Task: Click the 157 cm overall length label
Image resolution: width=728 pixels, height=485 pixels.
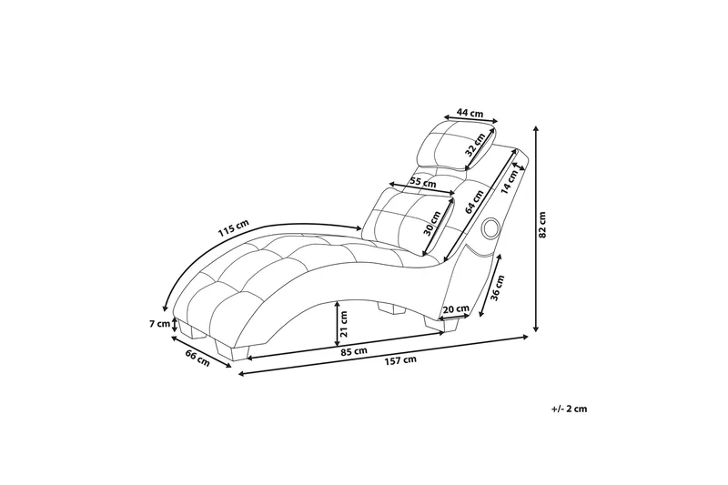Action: click(x=400, y=360)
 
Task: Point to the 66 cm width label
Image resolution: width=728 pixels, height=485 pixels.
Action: click(x=197, y=359)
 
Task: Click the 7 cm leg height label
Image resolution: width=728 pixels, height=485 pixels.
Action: click(x=160, y=324)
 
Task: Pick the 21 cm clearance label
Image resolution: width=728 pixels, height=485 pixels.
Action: click(x=344, y=324)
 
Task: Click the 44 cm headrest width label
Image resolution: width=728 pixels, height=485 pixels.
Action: click(x=470, y=113)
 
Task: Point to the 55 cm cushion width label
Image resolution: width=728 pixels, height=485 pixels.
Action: click(x=422, y=182)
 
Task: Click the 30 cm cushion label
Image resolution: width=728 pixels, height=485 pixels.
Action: click(x=432, y=223)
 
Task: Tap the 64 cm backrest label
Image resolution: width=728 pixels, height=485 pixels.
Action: click(x=474, y=201)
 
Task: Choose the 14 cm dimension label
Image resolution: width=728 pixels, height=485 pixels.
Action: click(x=510, y=180)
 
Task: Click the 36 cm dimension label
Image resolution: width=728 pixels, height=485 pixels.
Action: click(x=497, y=288)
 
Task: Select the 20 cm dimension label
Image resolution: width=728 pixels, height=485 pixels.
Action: click(x=456, y=308)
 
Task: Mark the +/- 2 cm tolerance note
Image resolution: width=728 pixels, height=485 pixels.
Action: click(x=570, y=409)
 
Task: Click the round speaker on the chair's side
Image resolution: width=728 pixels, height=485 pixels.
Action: click(x=490, y=227)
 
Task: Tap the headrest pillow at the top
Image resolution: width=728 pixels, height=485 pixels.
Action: click(x=458, y=146)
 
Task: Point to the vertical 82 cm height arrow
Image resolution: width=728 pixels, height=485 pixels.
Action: click(x=536, y=228)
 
